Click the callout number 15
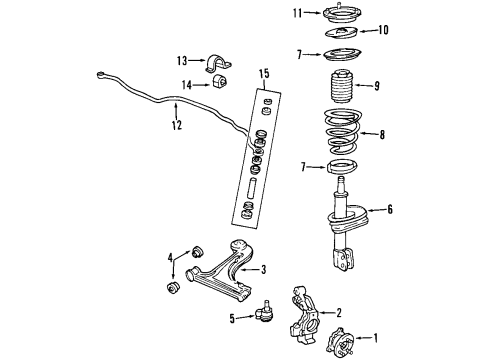click(x=264, y=73)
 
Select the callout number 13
click(x=180, y=60)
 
